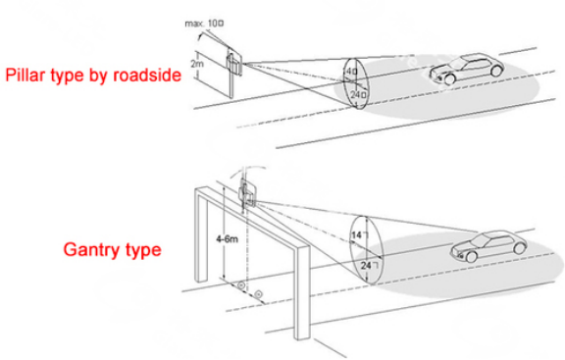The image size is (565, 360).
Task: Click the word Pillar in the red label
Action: (30, 76)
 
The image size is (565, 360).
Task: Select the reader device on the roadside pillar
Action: (232, 61)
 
